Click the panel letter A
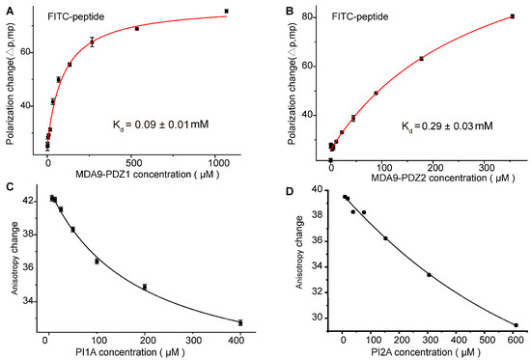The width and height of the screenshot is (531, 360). pyautogui.click(x=7, y=9)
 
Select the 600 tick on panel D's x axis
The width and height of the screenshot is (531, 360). pyautogui.click(x=516, y=339)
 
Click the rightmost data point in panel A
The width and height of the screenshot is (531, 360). pyautogui.click(x=226, y=12)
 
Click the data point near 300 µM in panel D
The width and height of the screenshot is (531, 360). pyautogui.click(x=430, y=275)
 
